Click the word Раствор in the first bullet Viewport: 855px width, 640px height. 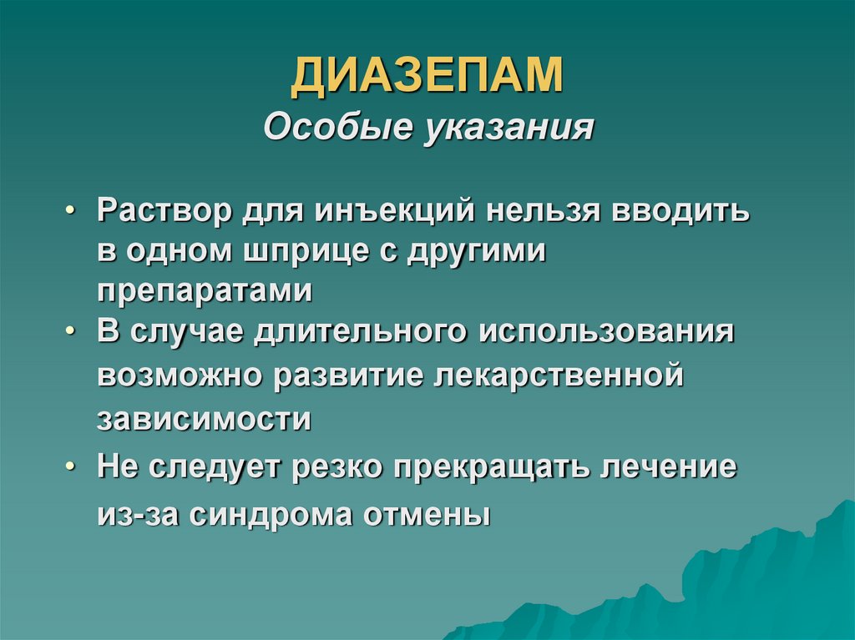pyautogui.click(x=164, y=210)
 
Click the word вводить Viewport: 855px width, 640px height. pyautogui.click(x=682, y=210)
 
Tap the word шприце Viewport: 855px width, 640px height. pyautogui.click(x=312, y=251)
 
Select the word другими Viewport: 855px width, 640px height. pyautogui.click(x=477, y=251)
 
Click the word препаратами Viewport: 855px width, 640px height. pyautogui.click(x=205, y=292)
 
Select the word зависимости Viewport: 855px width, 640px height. pyautogui.click(x=205, y=418)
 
